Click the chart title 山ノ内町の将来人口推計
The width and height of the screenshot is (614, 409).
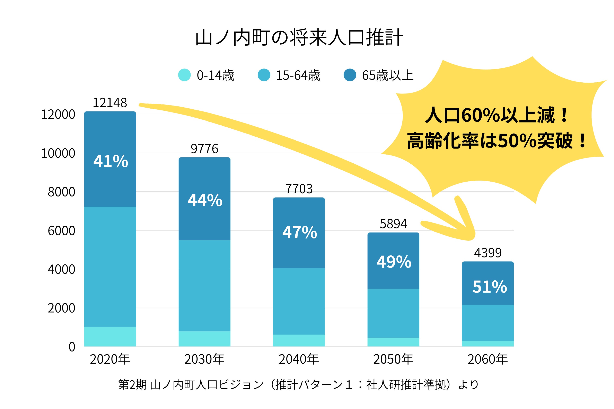coord(299,38)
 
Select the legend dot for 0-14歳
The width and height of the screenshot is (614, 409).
coord(184,75)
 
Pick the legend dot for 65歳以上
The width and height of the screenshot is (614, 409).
coord(350,75)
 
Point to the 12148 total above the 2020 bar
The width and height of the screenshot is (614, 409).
coord(110,103)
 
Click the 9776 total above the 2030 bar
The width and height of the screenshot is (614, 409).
coord(204,149)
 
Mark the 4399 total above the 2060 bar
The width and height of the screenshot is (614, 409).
coord(488,253)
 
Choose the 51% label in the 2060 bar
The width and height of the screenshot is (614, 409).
coord(490,287)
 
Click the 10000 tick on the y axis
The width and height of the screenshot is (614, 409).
coord(58,153)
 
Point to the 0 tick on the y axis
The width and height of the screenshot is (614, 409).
coord(72,347)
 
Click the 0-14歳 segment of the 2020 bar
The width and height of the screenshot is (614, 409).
coord(110,336)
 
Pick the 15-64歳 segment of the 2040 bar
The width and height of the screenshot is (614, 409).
coord(299,301)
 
